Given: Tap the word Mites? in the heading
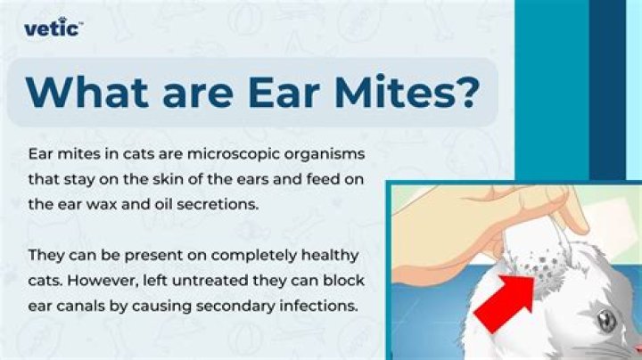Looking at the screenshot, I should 406,92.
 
